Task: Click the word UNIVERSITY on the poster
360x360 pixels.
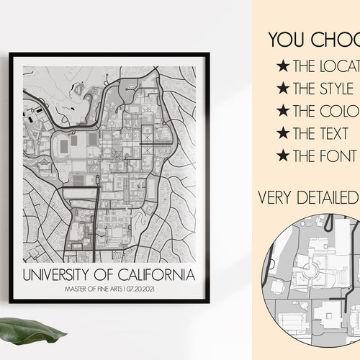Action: click(65, 256)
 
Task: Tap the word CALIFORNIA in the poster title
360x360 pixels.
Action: click(158, 256)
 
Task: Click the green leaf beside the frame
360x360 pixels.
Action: click(36, 333)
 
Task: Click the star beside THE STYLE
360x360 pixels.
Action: click(283, 89)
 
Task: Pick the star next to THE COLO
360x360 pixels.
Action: click(283, 112)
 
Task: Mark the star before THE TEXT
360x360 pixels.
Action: click(283, 134)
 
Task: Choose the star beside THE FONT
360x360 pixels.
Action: click(283, 156)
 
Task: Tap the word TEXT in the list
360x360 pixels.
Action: click(336, 134)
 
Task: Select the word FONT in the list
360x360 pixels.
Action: click(338, 156)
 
